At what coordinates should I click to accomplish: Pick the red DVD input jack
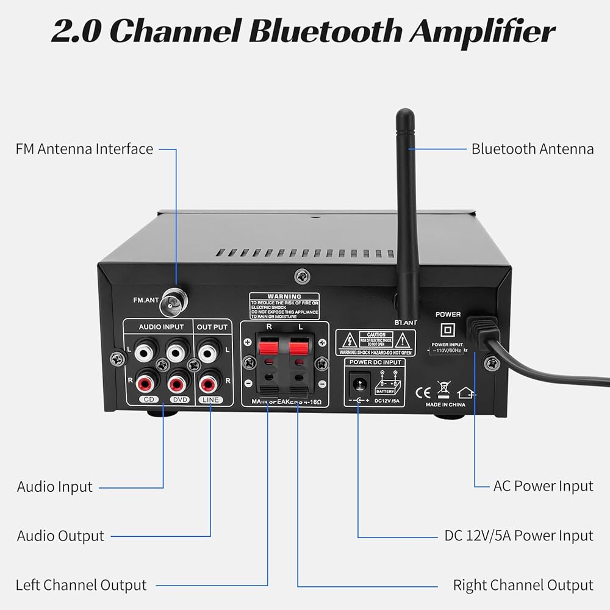coord(177,383)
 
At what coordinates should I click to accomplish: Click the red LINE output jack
coord(209,383)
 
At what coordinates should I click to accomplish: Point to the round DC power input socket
coord(358,385)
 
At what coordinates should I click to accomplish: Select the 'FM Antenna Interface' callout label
coord(85,149)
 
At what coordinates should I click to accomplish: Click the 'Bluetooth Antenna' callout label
coord(532,149)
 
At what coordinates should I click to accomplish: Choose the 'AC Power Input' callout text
coord(543,486)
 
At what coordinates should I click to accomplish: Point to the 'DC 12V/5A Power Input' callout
coord(518,536)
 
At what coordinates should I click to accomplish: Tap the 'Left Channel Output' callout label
coord(81,585)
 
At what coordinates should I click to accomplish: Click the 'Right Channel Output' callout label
coord(523,585)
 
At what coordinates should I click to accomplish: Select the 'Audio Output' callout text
coord(60,536)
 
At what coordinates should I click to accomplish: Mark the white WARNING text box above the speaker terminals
coord(284,306)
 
